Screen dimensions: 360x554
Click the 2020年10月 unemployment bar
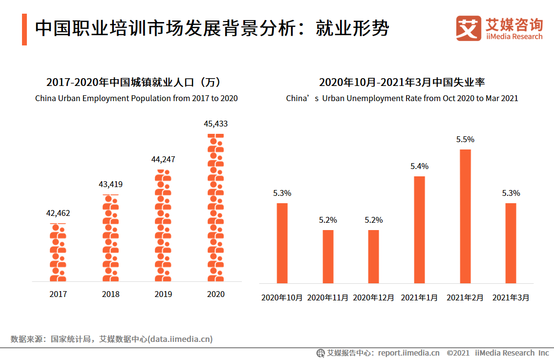(282, 243)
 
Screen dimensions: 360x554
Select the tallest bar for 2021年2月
(465, 216)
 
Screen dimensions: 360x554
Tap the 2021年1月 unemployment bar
(419, 230)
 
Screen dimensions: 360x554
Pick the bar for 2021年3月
(511, 243)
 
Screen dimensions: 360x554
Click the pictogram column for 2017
(58, 253)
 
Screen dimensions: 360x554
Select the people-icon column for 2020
(215, 208)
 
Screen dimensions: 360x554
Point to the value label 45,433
(215, 124)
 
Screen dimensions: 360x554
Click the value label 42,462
(58, 213)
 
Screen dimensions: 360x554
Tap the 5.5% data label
(465, 139)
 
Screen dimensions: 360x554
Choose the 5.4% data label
(419, 166)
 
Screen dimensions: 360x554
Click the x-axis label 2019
(163, 294)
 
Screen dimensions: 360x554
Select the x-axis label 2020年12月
(373, 297)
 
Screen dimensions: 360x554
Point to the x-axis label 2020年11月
(327, 297)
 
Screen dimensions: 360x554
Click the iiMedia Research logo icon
(469, 29)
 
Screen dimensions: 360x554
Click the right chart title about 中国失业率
(402, 82)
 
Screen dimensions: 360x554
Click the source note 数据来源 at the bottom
(111, 339)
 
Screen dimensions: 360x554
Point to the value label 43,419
(110, 184)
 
